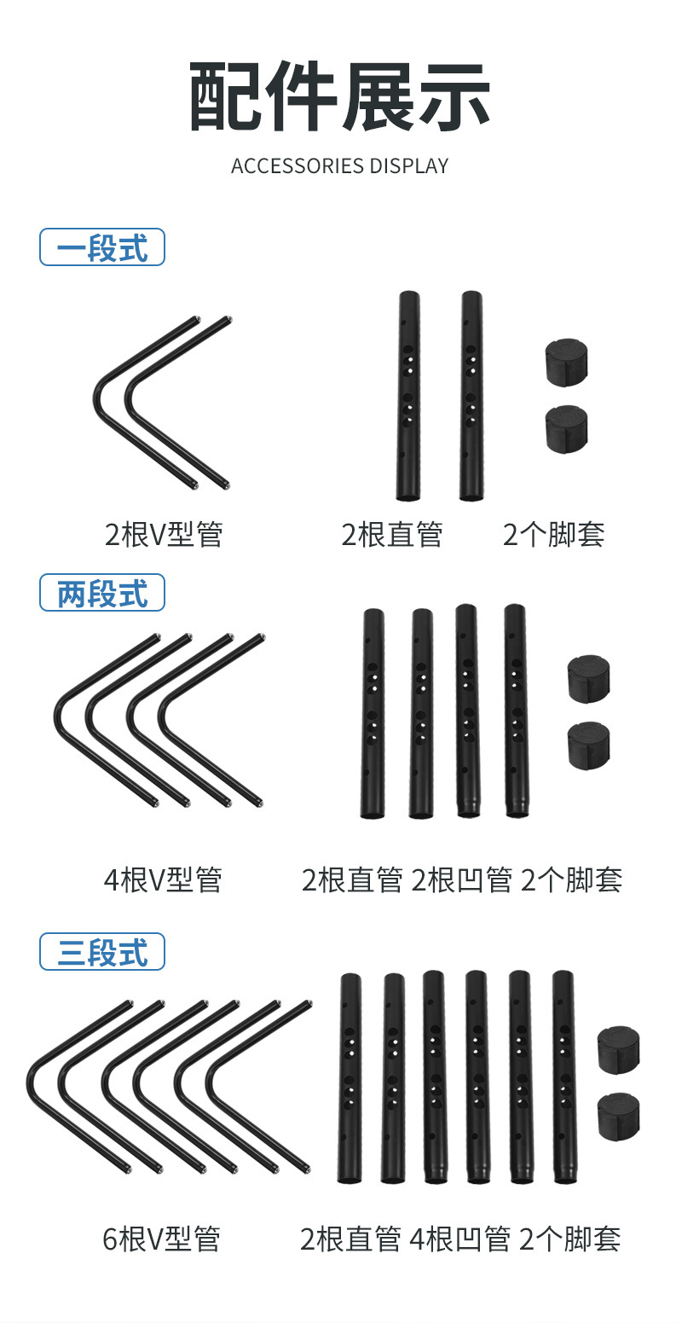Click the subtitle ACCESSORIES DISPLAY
[x=340, y=165]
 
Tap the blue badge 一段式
[x=102, y=248]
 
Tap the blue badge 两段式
[x=102, y=593]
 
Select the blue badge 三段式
[x=102, y=952]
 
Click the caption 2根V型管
[x=164, y=535]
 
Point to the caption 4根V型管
[x=163, y=879]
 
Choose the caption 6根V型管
[x=162, y=1239]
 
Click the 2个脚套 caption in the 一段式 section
[x=554, y=535]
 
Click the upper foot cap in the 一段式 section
[x=567, y=362]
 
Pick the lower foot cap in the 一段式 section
[x=567, y=428]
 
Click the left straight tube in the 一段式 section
[x=408, y=397]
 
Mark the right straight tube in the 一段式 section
[x=471, y=397]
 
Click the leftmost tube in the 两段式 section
[x=373, y=714]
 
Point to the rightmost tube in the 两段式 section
[x=516, y=711]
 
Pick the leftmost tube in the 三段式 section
[x=350, y=1078]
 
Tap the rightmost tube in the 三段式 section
[x=564, y=1076]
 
